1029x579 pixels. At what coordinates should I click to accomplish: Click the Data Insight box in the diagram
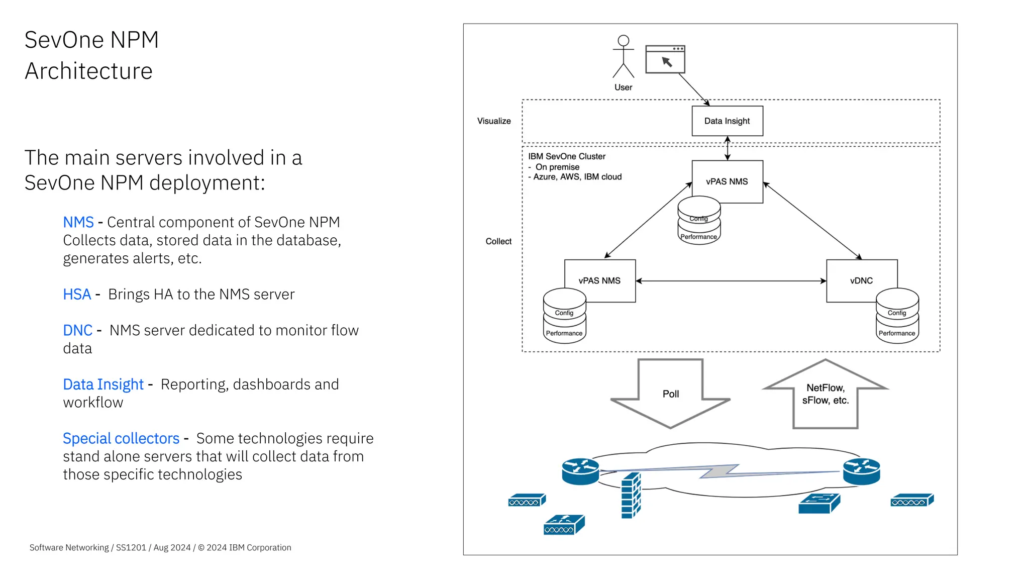click(727, 121)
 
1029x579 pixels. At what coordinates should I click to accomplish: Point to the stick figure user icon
click(623, 57)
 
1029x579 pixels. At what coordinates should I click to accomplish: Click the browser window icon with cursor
click(665, 59)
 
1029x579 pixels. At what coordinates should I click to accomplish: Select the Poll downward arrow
click(670, 394)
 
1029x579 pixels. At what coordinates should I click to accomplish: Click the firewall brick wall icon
click(631, 496)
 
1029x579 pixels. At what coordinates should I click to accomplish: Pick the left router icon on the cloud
click(580, 471)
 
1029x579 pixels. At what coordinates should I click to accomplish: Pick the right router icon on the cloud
click(861, 471)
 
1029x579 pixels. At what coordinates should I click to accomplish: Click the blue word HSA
click(77, 294)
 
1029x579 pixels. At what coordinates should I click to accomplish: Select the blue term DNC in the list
click(77, 330)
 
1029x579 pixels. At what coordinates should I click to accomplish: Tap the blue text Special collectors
click(121, 438)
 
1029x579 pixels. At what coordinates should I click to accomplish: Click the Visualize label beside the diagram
click(493, 121)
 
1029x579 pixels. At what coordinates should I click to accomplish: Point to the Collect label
click(498, 241)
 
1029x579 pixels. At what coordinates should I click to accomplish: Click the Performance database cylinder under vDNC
click(897, 333)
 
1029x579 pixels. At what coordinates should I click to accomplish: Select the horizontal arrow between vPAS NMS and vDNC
click(731, 281)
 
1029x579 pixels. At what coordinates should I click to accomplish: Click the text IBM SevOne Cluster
click(566, 156)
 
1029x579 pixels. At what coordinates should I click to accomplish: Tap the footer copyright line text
click(160, 547)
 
